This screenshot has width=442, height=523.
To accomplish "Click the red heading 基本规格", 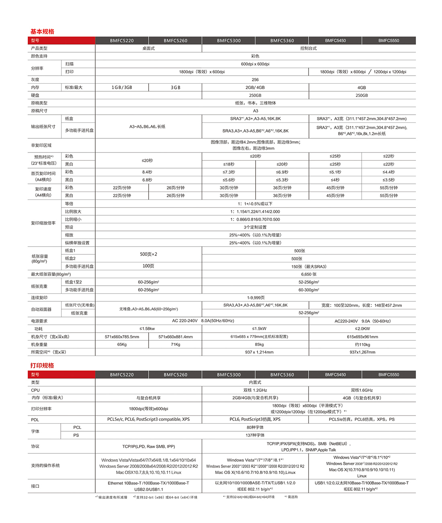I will [42, 32].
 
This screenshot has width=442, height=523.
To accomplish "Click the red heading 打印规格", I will [42, 366].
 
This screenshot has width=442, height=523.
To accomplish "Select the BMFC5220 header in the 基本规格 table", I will [122, 41].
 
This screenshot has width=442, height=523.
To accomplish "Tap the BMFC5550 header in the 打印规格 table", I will [389, 375].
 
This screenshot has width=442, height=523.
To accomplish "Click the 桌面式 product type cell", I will [148, 48].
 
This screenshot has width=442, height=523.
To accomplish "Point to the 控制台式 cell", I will [309, 48].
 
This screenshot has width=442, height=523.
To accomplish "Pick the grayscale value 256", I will [255, 80].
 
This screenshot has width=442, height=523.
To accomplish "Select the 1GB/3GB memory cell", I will [122, 87].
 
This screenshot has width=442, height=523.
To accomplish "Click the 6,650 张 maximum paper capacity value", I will [309, 274].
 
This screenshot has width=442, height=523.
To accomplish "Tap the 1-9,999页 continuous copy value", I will [256, 298].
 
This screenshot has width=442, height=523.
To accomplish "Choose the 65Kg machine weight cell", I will [122, 344].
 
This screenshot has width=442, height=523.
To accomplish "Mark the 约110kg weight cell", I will [362, 344].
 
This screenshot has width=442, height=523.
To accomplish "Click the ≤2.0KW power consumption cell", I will [362, 329].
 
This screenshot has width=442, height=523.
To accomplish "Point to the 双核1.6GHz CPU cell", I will [362, 390].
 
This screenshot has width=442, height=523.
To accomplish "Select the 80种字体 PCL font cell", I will [255, 428].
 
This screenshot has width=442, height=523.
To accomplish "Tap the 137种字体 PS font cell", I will [255, 435].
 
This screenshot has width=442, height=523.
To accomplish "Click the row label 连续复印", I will [39, 298].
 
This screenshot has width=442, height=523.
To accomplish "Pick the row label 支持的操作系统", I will [45, 465].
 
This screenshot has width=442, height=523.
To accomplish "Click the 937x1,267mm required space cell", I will [362, 352].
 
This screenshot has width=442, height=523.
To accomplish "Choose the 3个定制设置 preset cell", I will [255, 227].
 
